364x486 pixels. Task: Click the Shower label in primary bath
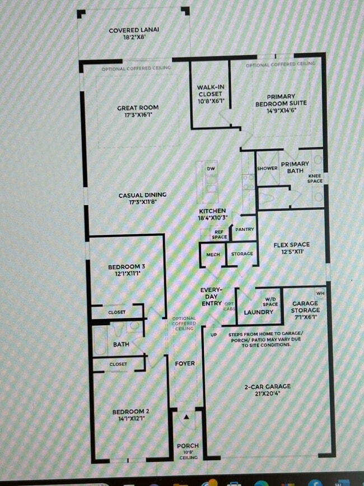267,168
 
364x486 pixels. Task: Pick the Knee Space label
315,179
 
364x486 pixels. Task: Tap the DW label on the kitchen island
211,169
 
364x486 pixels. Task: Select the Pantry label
244,229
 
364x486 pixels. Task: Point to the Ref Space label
220,234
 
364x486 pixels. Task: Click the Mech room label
213,254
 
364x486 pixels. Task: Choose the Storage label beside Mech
242,254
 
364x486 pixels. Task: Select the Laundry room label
259,312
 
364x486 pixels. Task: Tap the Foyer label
185,363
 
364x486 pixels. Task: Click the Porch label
188,446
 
